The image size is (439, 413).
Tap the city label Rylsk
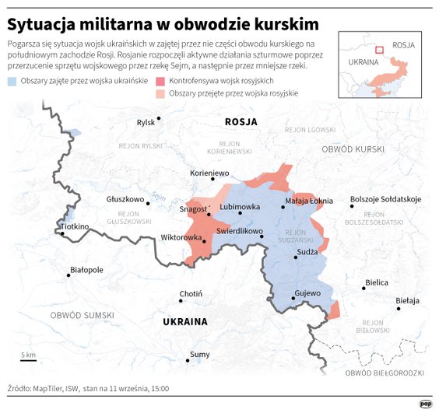click(x=146, y=122)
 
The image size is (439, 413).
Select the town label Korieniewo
click(x=209, y=173)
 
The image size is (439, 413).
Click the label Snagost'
click(x=193, y=208)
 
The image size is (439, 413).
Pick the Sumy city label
click(x=199, y=355)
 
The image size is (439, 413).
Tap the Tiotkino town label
click(x=76, y=226)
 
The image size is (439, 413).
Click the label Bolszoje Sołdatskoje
click(x=385, y=199)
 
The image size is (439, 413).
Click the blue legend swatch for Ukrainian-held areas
click(x=12, y=82)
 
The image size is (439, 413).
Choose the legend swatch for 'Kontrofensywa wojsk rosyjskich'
click(x=161, y=82)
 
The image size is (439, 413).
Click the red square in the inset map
click(x=379, y=50)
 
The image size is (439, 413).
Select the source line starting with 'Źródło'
click(x=88, y=387)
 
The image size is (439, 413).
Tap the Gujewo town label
click(x=307, y=294)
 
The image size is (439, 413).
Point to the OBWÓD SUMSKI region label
click(x=82, y=315)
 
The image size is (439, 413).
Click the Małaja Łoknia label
click(x=309, y=200)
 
